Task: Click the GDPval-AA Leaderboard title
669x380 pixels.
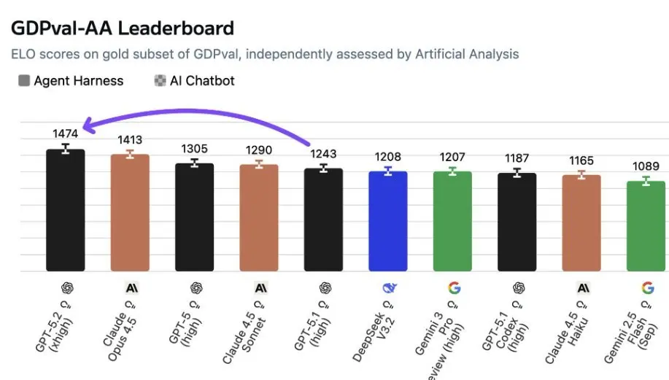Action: pyautogui.click(x=122, y=28)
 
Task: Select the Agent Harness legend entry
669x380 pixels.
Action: pyautogui.click(x=71, y=81)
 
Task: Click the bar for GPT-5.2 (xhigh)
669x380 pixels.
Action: pyautogui.click(x=66, y=212)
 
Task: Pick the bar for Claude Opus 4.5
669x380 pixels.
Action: pyautogui.click(x=130, y=213)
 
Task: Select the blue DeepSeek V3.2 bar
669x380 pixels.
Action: pyautogui.click(x=388, y=222)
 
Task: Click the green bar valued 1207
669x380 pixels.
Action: pyautogui.click(x=452, y=222)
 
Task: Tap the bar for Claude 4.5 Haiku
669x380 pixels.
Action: pyautogui.click(x=581, y=223)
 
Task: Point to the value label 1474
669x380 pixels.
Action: pyautogui.click(x=66, y=133)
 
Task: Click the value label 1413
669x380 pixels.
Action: pyautogui.click(x=130, y=139)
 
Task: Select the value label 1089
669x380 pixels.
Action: pyautogui.click(x=646, y=166)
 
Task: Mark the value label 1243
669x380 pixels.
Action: pyautogui.click(x=323, y=154)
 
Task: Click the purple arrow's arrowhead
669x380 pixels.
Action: pyautogui.click(x=87, y=127)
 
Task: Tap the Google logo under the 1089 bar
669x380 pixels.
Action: pyautogui.click(x=647, y=287)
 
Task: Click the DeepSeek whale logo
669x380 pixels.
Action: pyautogui.click(x=389, y=287)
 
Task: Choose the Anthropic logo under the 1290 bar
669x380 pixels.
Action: pyautogui.click(x=260, y=287)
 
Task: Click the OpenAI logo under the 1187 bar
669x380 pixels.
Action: pyautogui.click(x=518, y=287)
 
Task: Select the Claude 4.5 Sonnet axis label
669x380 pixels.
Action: pyautogui.click(x=247, y=325)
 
